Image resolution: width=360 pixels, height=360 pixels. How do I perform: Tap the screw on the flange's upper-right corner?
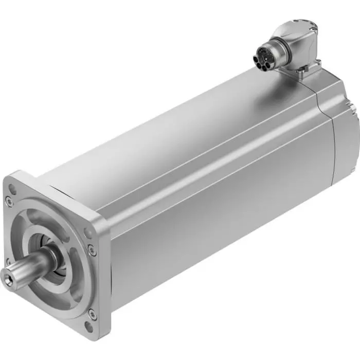(92, 250)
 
